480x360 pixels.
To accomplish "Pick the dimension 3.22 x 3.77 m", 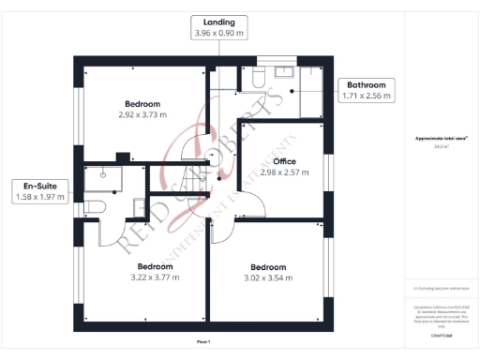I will click(152, 277).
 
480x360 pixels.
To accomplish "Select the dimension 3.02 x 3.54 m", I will click(267, 277).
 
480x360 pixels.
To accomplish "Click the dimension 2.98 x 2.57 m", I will click(284, 172).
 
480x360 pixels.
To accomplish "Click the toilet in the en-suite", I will click(97, 206).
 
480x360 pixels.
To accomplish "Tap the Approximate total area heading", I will click(440, 139).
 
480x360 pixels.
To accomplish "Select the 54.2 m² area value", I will click(440, 146).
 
